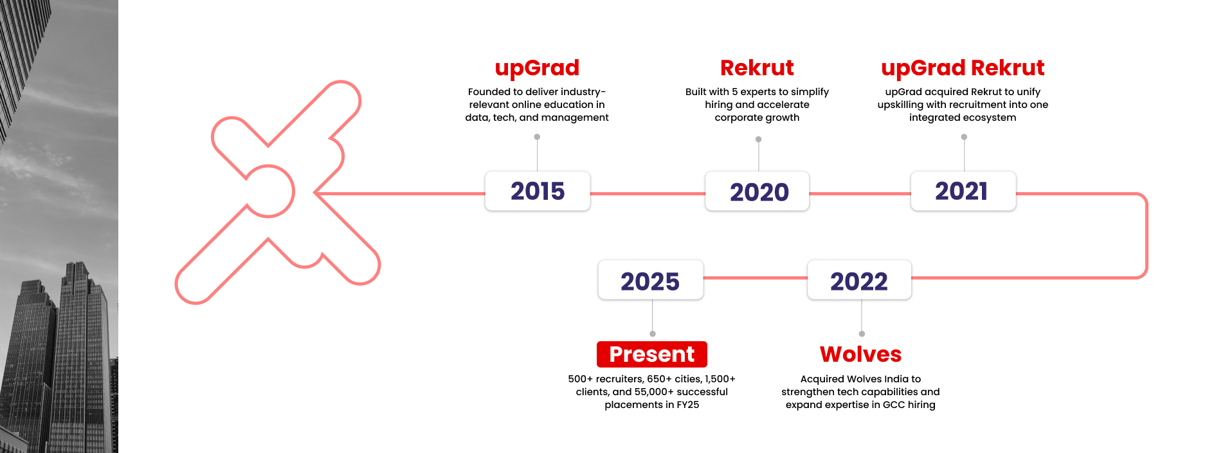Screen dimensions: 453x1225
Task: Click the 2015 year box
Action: pyautogui.click(x=538, y=191)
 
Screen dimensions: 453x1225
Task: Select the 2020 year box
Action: pyautogui.click(x=758, y=191)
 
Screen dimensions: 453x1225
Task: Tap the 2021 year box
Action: pyautogui.click(x=963, y=191)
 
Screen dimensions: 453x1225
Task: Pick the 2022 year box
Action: pyautogui.click(x=859, y=280)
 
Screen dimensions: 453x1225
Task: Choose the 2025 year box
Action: pyautogui.click(x=650, y=280)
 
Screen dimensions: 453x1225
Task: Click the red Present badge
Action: pyautogui.click(x=651, y=354)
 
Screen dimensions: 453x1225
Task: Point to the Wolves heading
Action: pyautogui.click(x=860, y=354)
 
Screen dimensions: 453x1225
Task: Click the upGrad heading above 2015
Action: pyautogui.click(x=537, y=67)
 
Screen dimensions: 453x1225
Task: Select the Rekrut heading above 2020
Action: pyautogui.click(x=757, y=67)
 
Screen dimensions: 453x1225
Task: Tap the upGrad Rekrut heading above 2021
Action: pyautogui.click(x=963, y=67)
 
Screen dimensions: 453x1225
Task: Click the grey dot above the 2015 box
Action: pyautogui.click(x=537, y=137)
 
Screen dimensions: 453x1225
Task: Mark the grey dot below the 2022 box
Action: pyautogui.click(x=862, y=333)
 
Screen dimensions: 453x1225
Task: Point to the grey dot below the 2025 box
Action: pyautogui.click(x=653, y=333)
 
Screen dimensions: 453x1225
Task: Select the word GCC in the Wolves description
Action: pyautogui.click(x=894, y=405)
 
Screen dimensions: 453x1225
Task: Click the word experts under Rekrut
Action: pyautogui.click(x=758, y=92)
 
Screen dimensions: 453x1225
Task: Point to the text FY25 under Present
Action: pyautogui.click(x=687, y=405)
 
